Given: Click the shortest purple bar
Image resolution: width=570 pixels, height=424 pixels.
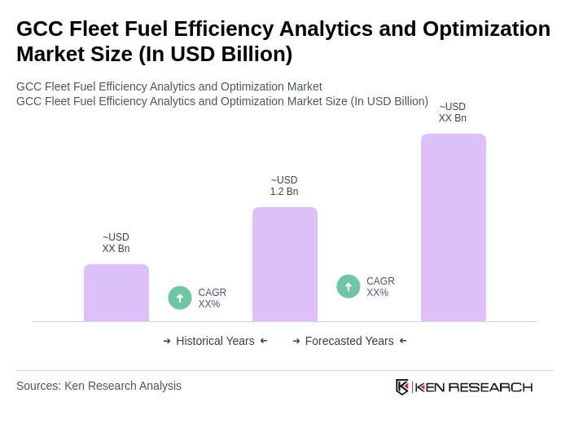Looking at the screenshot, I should [x=116, y=293].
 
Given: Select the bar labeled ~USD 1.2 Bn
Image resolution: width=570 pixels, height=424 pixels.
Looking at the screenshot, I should [x=285, y=264].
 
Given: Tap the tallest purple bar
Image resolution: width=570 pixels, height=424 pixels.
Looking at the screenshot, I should [x=454, y=227].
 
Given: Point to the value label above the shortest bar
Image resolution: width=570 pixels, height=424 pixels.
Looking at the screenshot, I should [x=116, y=243].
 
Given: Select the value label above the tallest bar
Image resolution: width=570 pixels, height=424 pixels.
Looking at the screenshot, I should [x=453, y=113].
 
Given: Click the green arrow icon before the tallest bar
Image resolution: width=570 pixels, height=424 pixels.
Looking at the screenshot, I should [x=349, y=286].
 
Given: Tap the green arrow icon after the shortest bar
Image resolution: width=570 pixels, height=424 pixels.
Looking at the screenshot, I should [x=180, y=298].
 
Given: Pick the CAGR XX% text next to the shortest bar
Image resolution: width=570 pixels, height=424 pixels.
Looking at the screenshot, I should [x=213, y=298].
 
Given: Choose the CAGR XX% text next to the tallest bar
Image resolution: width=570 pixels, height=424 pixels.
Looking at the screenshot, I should [x=380, y=287].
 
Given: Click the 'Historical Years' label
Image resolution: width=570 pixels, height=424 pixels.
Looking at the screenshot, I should [x=215, y=341].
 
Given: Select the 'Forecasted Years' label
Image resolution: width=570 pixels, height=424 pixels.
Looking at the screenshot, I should [x=349, y=341].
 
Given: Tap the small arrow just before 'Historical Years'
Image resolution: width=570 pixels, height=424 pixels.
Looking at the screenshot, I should [x=167, y=341].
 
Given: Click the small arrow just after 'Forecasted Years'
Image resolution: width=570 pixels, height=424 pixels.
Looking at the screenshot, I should [x=403, y=341].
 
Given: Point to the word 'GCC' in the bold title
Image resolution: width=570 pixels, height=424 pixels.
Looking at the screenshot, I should [x=38, y=29].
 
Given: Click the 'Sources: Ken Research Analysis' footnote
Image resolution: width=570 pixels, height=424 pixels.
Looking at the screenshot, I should [x=99, y=386].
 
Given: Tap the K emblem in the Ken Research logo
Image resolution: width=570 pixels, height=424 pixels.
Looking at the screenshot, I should [x=402, y=386].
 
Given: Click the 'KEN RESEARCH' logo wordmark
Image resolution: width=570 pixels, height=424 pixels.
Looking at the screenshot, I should [x=474, y=386].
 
